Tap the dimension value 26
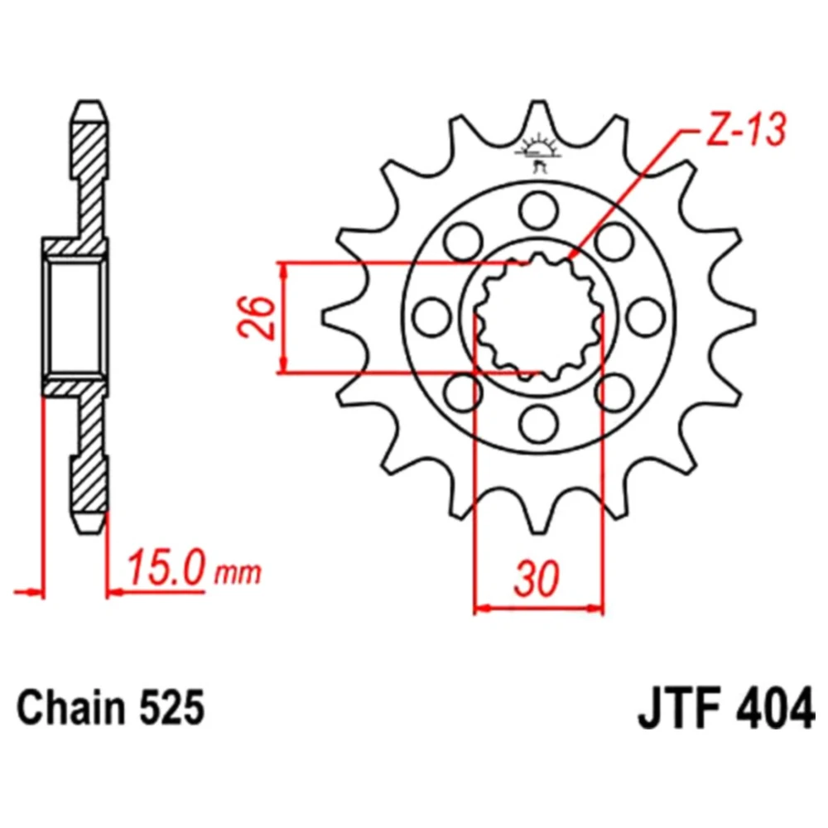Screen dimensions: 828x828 tap(257, 317)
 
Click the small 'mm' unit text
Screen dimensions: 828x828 tap(238, 572)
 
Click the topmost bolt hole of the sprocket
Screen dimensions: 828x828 tap(539, 210)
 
